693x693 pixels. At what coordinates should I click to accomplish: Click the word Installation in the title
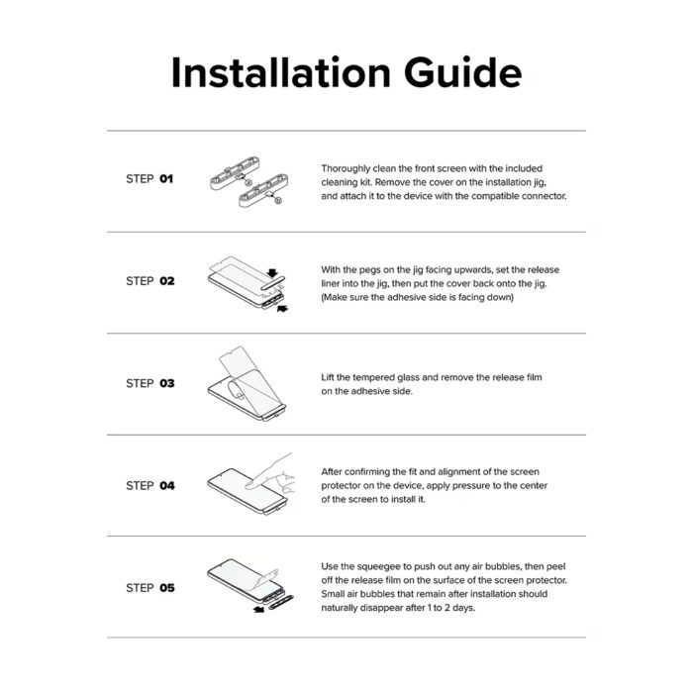[x=280, y=72]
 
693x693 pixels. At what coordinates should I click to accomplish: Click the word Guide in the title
[x=462, y=72]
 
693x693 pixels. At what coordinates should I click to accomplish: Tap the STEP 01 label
[x=149, y=178]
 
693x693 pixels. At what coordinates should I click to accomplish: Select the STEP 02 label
[x=150, y=280]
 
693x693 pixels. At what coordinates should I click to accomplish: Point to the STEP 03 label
[x=150, y=383]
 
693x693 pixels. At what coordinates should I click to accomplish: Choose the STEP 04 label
[x=150, y=485]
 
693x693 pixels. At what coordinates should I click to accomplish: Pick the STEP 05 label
[x=150, y=588]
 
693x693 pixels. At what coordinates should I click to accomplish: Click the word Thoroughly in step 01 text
[x=346, y=169]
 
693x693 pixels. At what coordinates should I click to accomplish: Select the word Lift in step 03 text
[x=327, y=377]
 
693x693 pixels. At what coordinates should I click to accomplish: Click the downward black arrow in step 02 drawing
[x=272, y=272]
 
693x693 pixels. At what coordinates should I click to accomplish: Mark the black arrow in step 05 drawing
[x=258, y=610]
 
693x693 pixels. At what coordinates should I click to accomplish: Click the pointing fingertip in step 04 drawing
[x=249, y=485]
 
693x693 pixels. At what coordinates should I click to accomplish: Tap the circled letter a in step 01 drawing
[x=247, y=182]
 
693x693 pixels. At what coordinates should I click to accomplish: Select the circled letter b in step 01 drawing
[x=278, y=201]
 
